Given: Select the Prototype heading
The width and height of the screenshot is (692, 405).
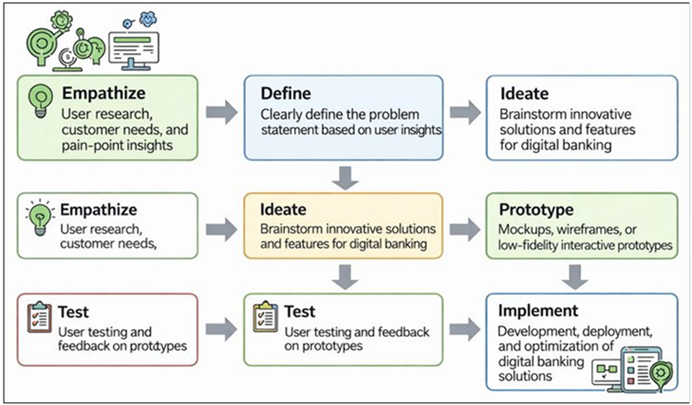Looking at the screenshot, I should coord(536,209).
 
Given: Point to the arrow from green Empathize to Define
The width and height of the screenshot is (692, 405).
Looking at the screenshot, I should coord(221,113).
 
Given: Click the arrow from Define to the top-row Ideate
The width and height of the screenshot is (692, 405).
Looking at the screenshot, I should coord(465,113).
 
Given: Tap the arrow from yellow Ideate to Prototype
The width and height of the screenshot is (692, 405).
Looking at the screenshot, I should coord(465,228).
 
